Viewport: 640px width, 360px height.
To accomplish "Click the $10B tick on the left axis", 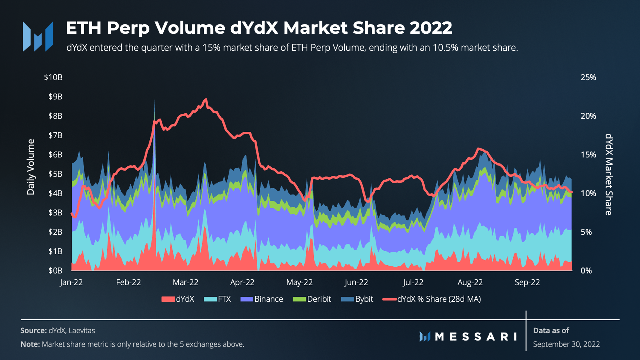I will pyautogui.click(x=53, y=77).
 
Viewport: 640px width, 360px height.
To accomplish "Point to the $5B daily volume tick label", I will pyautogui.click(x=55, y=174).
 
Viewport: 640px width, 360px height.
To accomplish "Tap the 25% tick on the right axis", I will pyautogui.click(x=588, y=77).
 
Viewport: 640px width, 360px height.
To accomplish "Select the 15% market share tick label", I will pyautogui.click(x=588, y=155).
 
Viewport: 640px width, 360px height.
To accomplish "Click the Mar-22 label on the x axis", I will pyautogui.click(x=185, y=282).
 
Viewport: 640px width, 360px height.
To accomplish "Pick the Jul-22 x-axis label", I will pyautogui.click(x=413, y=282).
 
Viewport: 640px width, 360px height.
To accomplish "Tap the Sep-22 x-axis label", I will pyautogui.click(x=527, y=282).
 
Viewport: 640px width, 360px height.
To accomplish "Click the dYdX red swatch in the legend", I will pyautogui.click(x=168, y=299).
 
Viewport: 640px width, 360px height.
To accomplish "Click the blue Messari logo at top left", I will pyautogui.click(x=38, y=36).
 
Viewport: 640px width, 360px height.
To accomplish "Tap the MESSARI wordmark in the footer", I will pyautogui.click(x=475, y=337).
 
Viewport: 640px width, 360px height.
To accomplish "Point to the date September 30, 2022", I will pyautogui.click(x=566, y=344).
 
